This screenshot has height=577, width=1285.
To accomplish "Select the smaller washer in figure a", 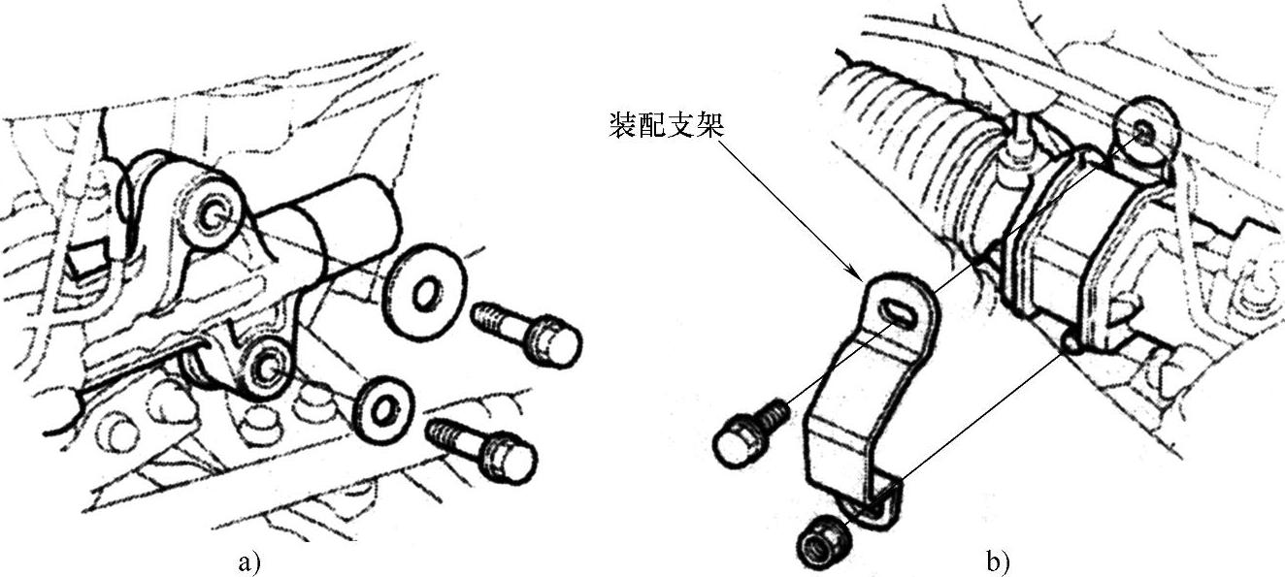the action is [382, 410].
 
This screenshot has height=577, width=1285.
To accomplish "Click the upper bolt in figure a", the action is [525, 331].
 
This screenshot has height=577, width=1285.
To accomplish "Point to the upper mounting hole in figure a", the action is [211, 214].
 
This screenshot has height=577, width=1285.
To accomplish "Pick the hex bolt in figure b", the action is [748, 434].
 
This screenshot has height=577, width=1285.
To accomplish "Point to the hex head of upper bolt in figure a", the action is [553, 342].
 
